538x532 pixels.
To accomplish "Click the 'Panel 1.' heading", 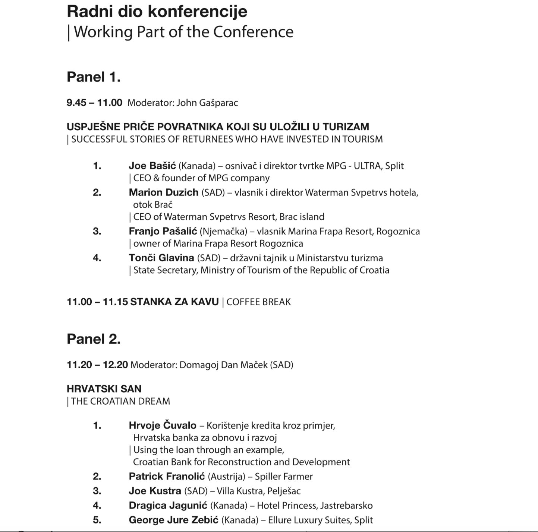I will (94, 77).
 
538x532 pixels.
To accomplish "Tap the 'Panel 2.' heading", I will (94, 339).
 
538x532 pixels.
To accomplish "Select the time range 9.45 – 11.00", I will (94, 103).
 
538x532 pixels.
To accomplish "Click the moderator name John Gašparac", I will (207, 103).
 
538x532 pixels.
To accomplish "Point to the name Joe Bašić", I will (152, 166).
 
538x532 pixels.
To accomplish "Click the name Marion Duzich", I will (163, 192).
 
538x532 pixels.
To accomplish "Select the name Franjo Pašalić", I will (163, 231).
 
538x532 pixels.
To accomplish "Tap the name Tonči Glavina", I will (161, 258).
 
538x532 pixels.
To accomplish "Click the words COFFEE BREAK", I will (258, 302).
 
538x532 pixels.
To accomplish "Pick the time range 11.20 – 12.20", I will (97, 365).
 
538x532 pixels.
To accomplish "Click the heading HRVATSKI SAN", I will (104, 389).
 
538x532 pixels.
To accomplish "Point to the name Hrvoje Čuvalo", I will (162, 425).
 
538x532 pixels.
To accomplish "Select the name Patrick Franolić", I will (167, 476).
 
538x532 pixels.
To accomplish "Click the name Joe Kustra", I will (155, 491).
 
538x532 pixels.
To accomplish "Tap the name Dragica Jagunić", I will (168, 505).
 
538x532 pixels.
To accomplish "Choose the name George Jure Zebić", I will (173, 520).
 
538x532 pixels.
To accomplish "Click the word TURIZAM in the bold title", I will (346, 127).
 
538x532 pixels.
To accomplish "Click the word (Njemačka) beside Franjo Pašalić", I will (223, 232).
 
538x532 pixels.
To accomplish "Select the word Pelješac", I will (284, 491).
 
